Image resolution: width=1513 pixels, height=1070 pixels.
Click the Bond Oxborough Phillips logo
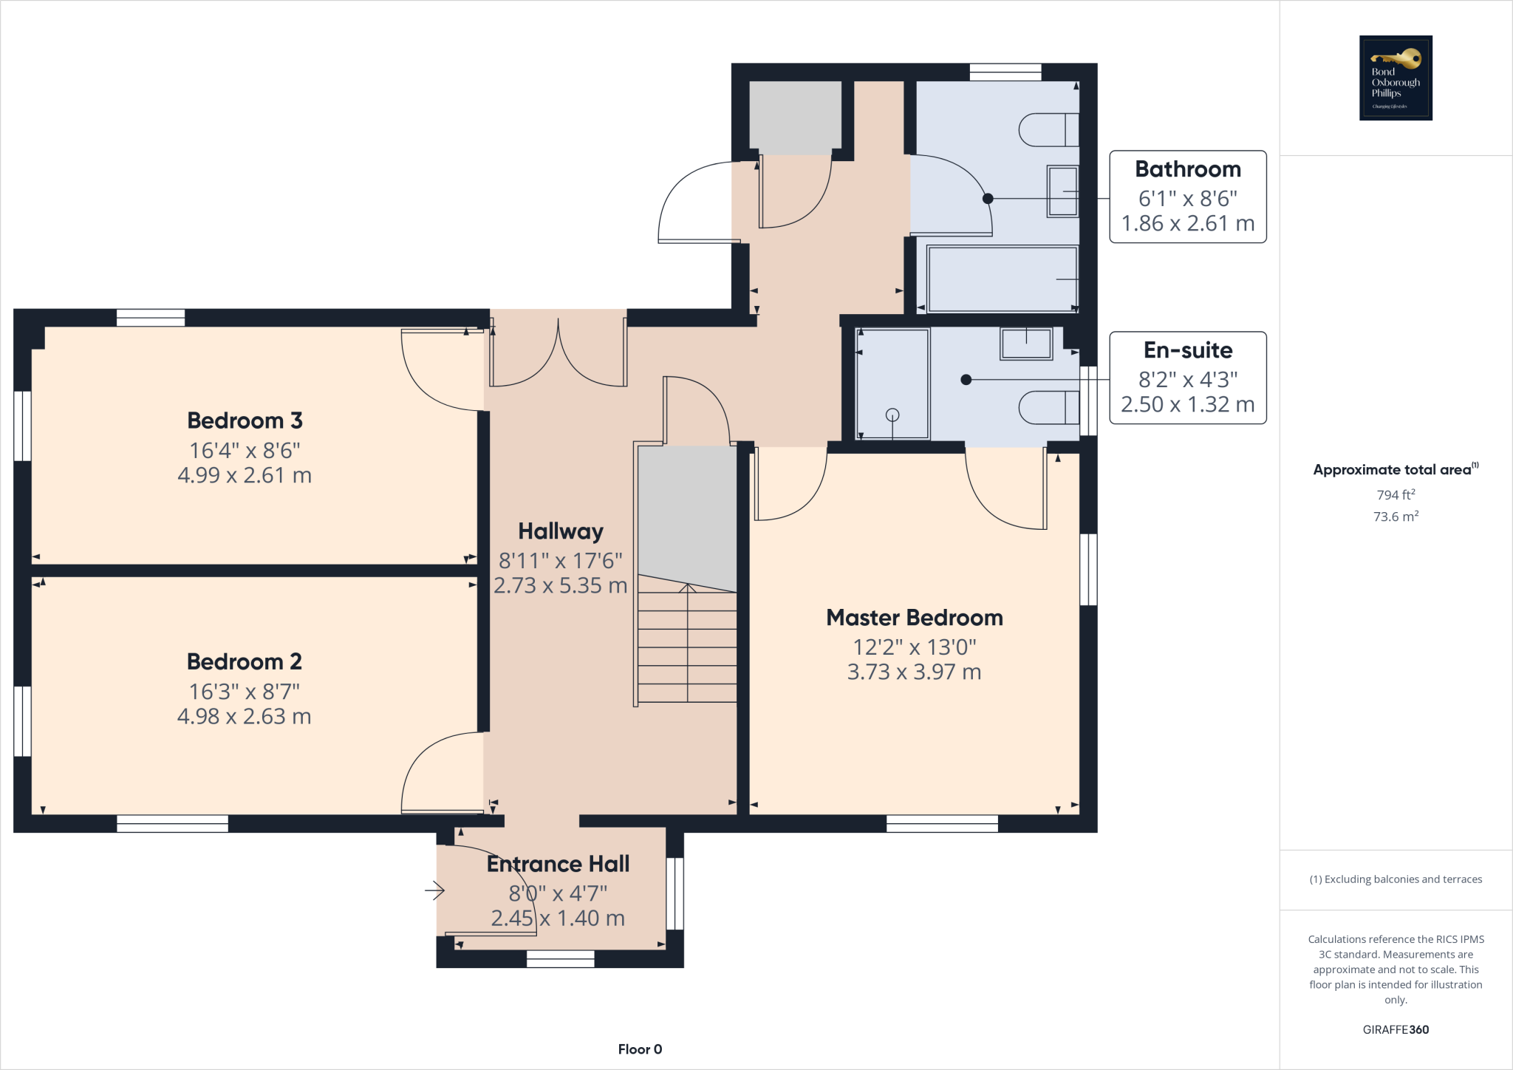(x=1396, y=78)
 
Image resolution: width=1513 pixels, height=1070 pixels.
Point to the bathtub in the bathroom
(x=1002, y=279)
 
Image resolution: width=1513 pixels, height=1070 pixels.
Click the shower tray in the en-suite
(x=892, y=384)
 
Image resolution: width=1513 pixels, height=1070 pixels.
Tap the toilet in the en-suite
(x=1048, y=407)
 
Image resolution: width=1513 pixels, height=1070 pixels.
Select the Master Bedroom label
(x=914, y=618)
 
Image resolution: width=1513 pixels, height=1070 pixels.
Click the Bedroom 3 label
(x=245, y=420)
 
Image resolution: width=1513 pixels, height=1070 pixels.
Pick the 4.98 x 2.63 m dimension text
(x=244, y=716)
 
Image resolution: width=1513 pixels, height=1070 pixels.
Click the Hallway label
(x=560, y=531)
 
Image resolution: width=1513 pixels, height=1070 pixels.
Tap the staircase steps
(x=687, y=643)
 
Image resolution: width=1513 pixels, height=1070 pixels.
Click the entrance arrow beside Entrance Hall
(x=434, y=891)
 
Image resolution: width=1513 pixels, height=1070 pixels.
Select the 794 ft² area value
(x=1395, y=494)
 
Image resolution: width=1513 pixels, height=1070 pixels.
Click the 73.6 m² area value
(x=1395, y=517)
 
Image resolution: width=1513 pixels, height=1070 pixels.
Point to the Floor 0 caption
(x=640, y=1049)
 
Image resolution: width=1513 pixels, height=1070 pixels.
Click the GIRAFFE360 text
(x=1395, y=1029)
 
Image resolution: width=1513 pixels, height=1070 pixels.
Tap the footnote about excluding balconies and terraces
(x=1395, y=879)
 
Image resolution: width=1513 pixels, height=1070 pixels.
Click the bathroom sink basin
(x=1062, y=191)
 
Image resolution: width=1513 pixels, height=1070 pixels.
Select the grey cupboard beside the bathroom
(x=795, y=117)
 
